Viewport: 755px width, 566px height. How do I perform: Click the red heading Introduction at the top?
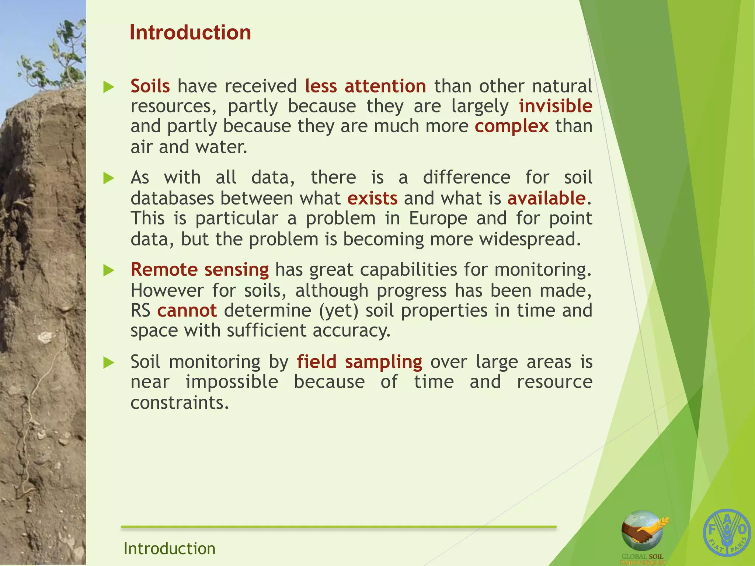(x=190, y=33)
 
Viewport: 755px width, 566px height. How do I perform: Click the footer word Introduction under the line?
(x=169, y=548)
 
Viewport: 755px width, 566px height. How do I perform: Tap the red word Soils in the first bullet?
(x=150, y=86)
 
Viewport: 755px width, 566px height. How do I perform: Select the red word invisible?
(x=555, y=106)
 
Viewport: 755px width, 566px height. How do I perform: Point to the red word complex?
(x=511, y=126)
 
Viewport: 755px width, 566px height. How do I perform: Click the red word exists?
(x=372, y=199)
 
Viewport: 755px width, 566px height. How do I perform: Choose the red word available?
(x=546, y=199)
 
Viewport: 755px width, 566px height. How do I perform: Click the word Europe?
(x=438, y=219)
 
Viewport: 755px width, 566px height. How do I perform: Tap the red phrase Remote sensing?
(x=199, y=270)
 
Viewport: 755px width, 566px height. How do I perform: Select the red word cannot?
(x=187, y=311)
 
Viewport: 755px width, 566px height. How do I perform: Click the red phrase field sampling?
(x=359, y=362)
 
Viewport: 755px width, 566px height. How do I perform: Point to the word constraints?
(x=180, y=403)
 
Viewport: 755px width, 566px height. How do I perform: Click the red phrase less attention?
(x=365, y=86)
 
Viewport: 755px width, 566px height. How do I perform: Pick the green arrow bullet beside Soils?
(x=108, y=87)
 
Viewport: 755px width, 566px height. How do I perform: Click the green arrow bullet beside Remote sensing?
(x=108, y=271)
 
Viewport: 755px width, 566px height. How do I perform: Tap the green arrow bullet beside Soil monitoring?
(x=108, y=363)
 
